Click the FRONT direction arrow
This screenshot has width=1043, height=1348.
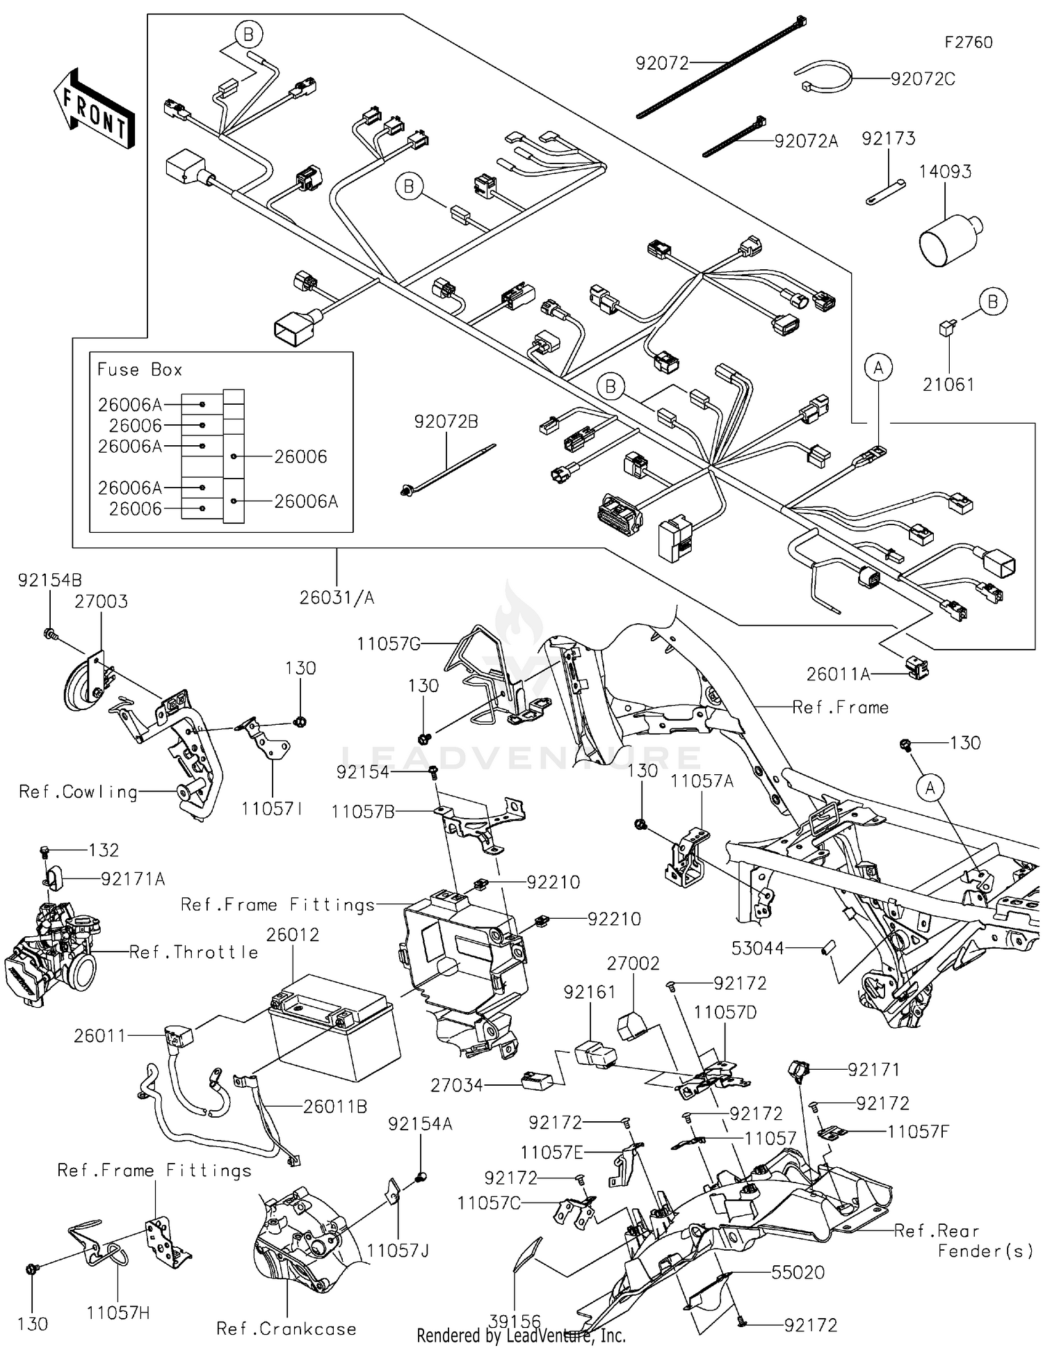pyautogui.click(x=94, y=108)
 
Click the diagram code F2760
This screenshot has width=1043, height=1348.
pyautogui.click(x=968, y=42)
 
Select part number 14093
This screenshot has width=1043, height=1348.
pyautogui.click(x=945, y=172)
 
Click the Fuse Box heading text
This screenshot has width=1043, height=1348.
pyautogui.click(x=140, y=369)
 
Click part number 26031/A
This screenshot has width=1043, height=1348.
pyautogui.click(x=337, y=597)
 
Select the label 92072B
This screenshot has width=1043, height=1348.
pyautogui.click(x=446, y=422)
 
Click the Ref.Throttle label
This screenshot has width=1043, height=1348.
pyautogui.click(x=193, y=952)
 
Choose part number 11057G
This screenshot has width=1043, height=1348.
pyautogui.click(x=389, y=644)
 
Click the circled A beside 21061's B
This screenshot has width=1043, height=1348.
pyautogui.click(x=878, y=367)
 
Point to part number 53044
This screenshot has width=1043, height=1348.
pyautogui.click(x=758, y=948)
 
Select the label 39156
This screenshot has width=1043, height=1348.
pyautogui.click(x=515, y=1321)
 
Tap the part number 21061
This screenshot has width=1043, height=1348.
pyautogui.click(x=948, y=385)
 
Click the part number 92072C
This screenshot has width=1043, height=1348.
pyautogui.click(x=923, y=79)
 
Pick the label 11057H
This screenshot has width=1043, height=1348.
pyautogui.click(x=118, y=1313)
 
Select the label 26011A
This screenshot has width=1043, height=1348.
pyautogui.click(x=838, y=674)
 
